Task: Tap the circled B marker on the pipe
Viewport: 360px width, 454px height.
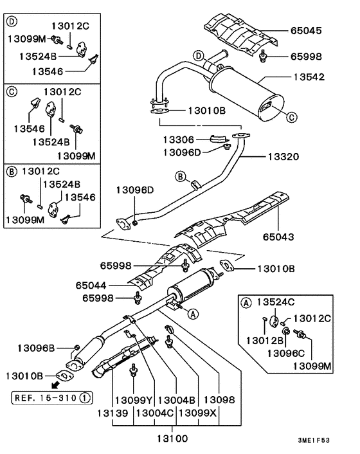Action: (181, 176)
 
